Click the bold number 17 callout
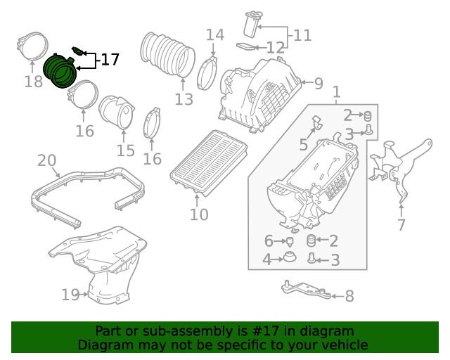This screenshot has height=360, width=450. tap(110, 60)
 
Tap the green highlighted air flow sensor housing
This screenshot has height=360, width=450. tap(60, 70)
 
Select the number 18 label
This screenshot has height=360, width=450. tap(34, 82)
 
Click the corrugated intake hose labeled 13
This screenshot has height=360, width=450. tap(167, 55)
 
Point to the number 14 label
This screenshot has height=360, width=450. tap(215, 34)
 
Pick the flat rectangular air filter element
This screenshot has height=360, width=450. tap(209, 163)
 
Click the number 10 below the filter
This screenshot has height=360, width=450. tap(199, 214)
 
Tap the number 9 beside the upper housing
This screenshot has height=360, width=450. tap(319, 83)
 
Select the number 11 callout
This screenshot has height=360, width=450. tap(302, 36)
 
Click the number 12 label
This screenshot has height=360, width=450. tap(276, 48)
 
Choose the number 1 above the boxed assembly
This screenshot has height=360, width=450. tap(336, 92)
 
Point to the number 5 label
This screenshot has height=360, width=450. tap(303, 144)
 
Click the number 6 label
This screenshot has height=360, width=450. tap(269, 241)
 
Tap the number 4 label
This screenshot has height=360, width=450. tap(266, 260)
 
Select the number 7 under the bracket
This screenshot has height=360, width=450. tap(401, 225)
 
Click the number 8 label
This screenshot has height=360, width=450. tap(349, 296)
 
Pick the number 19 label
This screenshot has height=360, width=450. tap(70, 295)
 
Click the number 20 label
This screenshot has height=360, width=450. tap(47, 160)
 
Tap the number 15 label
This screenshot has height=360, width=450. tap(125, 150)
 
